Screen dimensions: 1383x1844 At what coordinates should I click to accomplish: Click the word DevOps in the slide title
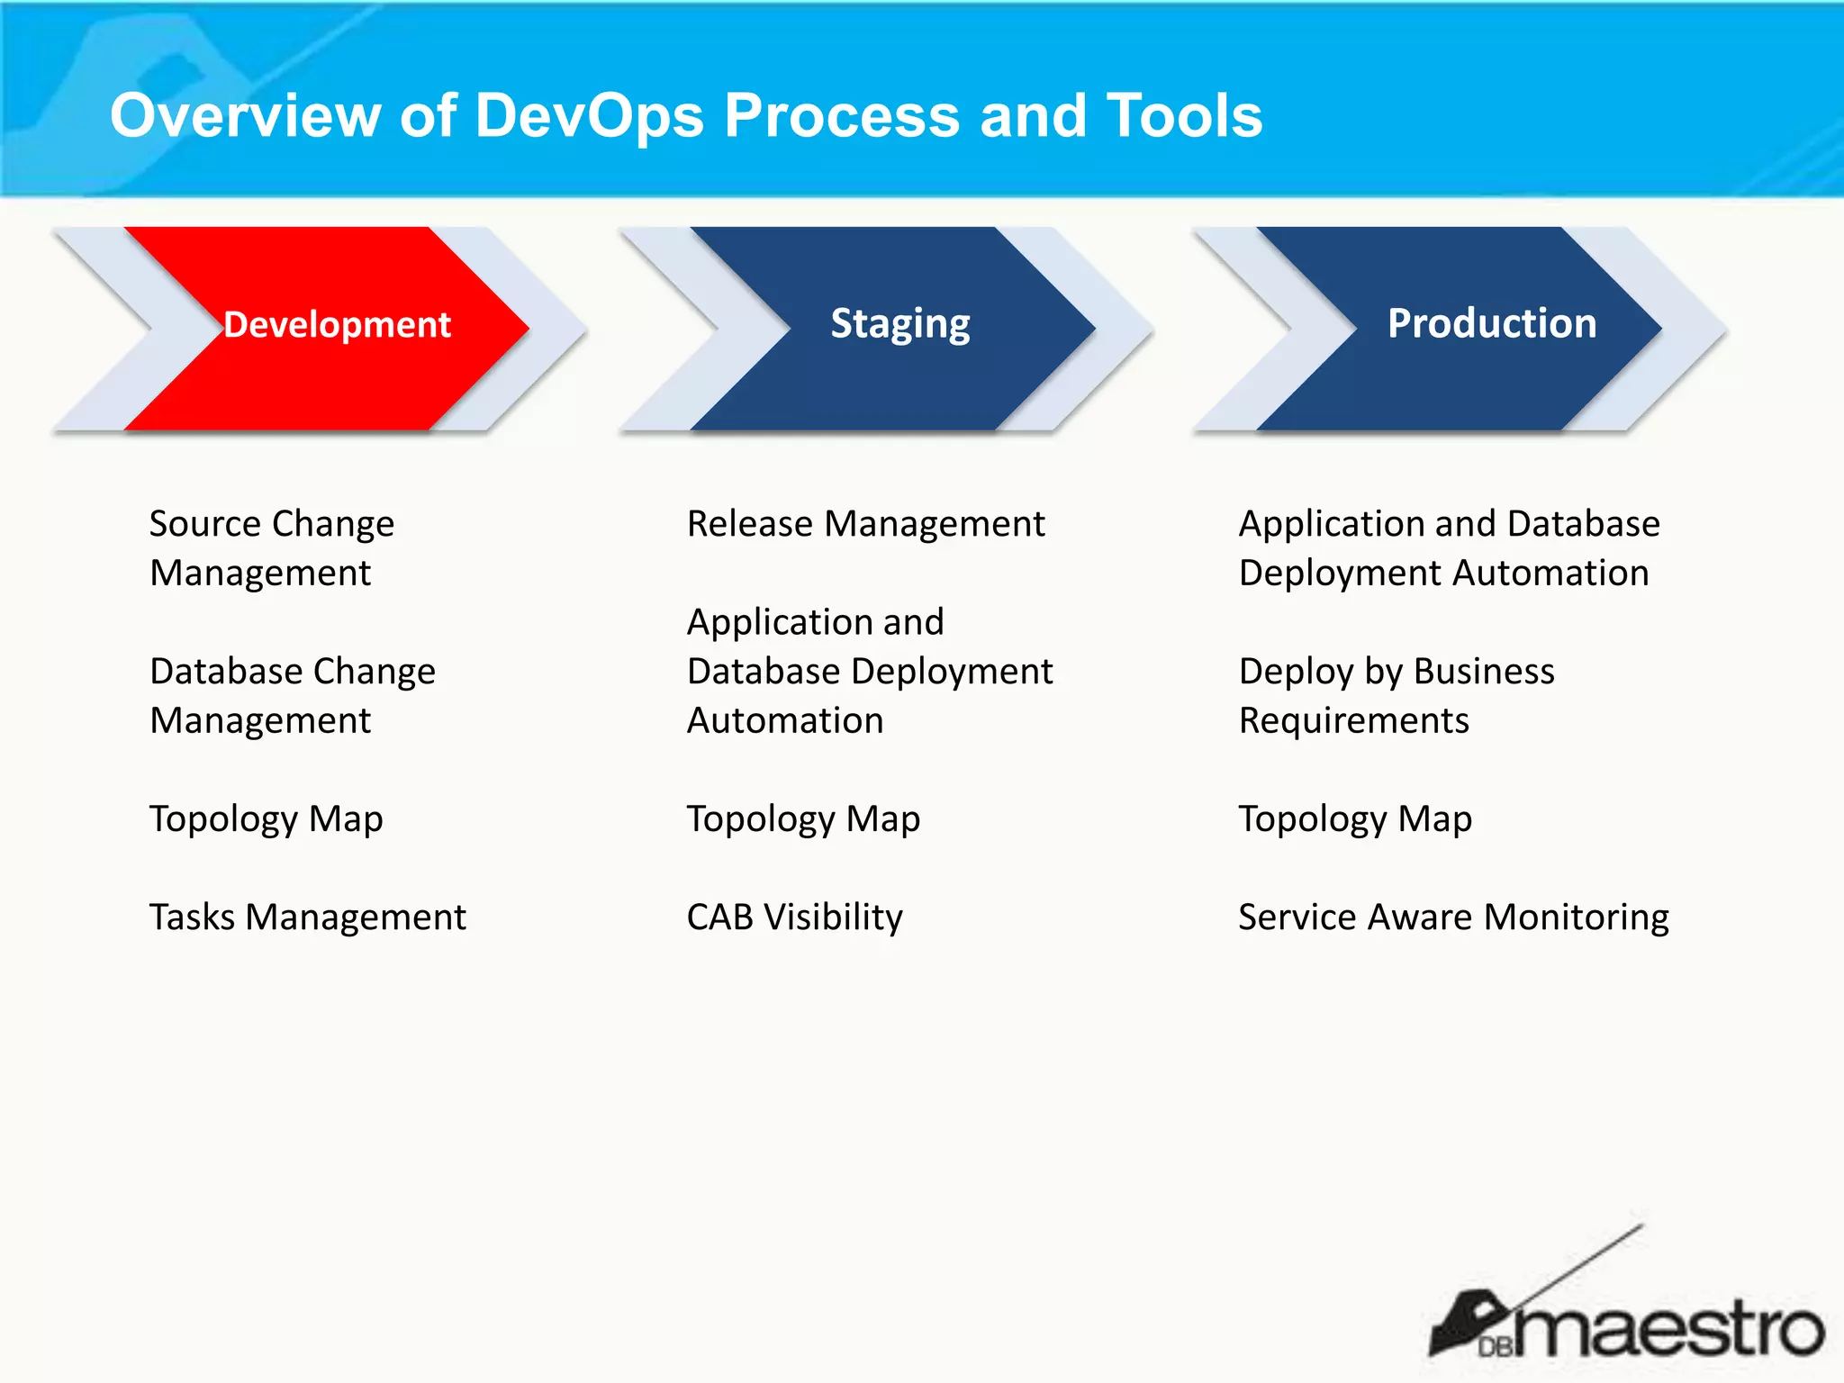click(x=589, y=117)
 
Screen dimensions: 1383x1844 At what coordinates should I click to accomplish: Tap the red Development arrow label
click(x=337, y=324)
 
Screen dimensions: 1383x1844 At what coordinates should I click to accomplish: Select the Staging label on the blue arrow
click(x=899, y=324)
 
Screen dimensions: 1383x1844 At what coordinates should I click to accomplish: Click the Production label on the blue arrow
click(x=1491, y=323)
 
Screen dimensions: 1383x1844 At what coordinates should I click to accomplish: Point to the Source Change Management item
click(x=271, y=547)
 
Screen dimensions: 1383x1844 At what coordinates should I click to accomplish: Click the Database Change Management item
click(x=292, y=695)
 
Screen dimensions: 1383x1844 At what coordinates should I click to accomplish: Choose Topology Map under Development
click(x=266, y=819)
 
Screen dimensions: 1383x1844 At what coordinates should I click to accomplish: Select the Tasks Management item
click(x=307, y=917)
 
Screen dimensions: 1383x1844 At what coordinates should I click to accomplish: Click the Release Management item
click(x=864, y=524)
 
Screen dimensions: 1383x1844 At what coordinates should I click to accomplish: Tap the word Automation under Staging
click(x=784, y=721)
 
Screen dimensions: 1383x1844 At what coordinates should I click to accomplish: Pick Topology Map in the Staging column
click(x=803, y=819)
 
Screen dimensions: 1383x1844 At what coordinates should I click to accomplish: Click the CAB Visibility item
click(x=794, y=917)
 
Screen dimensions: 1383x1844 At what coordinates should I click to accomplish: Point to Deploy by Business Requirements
click(x=1396, y=695)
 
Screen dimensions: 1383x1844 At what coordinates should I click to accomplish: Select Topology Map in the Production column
click(x=1354, y=819)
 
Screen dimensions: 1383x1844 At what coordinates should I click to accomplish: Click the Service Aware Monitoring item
click(x=1452, y=917)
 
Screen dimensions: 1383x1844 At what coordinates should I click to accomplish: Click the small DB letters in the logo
click(x=1495, y=1347)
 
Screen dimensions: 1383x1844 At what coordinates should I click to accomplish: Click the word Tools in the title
click(x=1184, y=117)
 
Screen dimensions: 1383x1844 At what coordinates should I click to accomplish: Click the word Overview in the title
click(x=245, y=117)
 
